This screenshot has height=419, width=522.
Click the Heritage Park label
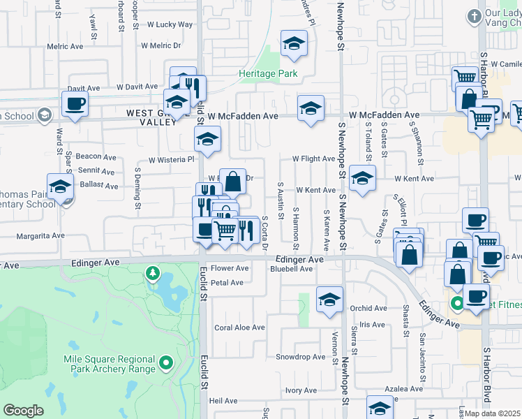268,73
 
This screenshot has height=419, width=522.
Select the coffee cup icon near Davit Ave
75,105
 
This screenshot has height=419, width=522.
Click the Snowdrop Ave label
301,357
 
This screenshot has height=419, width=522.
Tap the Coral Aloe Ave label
239,328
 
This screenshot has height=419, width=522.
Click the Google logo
23,410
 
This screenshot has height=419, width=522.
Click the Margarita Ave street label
40,236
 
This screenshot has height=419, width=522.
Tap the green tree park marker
152,272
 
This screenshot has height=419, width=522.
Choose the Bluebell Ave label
292,269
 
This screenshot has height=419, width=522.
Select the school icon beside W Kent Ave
362,178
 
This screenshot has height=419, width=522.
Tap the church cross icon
474,16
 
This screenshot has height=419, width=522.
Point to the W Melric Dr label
161,46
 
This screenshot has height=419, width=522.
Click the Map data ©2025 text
493,413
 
